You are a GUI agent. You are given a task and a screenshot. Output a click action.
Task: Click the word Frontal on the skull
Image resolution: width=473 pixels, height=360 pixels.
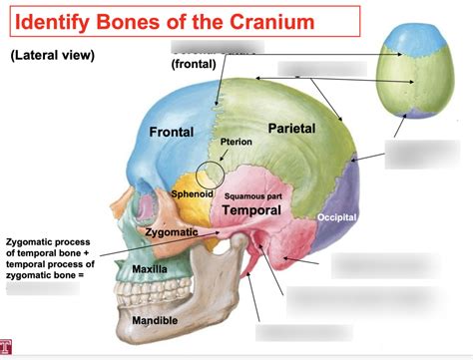(x=171, y=133)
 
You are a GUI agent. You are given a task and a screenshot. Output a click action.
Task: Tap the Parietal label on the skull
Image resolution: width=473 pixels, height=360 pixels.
(x=291, y=129)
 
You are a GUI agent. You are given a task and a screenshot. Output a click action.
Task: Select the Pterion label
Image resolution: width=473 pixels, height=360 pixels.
(x=236, y=144)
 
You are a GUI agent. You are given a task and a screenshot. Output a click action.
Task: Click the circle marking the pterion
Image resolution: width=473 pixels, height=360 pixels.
(x=211, y=177)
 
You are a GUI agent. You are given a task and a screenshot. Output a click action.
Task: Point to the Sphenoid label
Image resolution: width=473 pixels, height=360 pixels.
(x=192, y=193)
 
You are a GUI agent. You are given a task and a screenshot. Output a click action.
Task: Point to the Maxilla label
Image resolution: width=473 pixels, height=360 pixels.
(x=150, y=270)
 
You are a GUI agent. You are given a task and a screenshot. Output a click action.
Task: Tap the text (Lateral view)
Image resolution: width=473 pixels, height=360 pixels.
(x=53, y=56)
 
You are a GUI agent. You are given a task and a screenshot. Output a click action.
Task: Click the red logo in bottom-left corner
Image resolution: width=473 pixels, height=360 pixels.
(x=7, y=348)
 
